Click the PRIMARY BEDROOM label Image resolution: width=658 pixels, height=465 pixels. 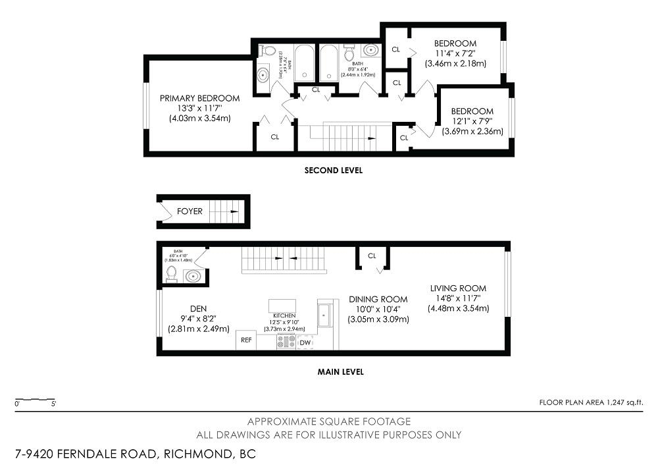199,98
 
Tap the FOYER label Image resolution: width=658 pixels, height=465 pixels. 190,211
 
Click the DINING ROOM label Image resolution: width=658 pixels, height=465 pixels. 378,298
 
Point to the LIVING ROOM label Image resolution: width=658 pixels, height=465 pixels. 458,288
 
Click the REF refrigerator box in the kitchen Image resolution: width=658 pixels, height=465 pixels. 246,341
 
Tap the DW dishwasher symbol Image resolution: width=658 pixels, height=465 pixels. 305,342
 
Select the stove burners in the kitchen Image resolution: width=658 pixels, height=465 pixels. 286,342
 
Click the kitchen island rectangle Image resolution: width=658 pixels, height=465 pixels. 282,305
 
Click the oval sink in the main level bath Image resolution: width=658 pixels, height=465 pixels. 192,276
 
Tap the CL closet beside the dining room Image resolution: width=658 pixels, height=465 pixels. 372,256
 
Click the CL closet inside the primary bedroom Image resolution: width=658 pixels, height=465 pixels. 275,137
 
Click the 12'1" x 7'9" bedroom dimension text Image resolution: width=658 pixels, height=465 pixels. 472,121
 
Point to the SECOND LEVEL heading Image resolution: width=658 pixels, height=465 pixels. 333,170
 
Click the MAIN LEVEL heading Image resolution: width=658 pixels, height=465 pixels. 340,371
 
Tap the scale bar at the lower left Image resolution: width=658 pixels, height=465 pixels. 36,400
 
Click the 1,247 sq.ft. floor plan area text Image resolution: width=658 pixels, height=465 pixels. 590,402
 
